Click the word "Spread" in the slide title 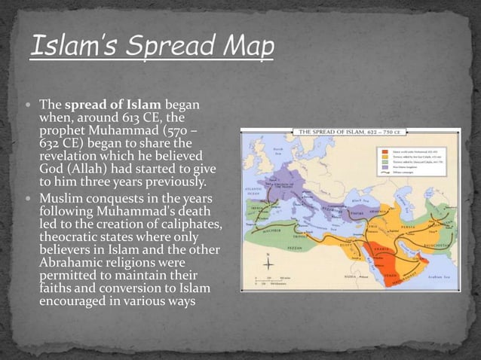click(166, 52)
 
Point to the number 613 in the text click(133, 117)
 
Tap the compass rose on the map click(268, 263)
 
